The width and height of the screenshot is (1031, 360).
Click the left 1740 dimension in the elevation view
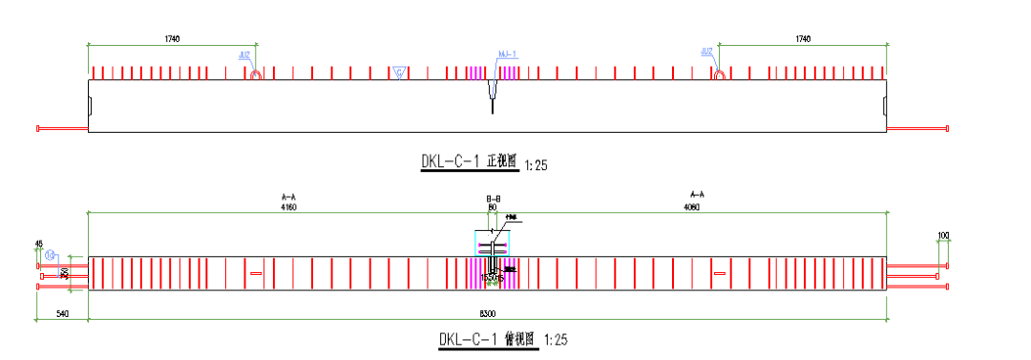pos(172,38)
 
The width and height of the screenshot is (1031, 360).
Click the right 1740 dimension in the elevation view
pos(802,38)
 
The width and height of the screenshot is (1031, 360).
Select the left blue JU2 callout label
pos(246,55)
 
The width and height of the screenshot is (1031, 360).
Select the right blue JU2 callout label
pos(707,52)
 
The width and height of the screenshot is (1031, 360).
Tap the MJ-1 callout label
pos(508,54)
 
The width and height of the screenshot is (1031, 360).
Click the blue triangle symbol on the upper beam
pos(399,73)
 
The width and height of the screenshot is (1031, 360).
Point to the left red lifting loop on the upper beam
pos(256,74)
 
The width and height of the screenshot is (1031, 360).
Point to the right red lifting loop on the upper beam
pos(720,74)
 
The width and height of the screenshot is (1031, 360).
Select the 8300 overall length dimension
pos(487,314)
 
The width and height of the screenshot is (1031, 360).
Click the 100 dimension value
pos(943,235)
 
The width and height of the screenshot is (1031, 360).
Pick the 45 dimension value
pos(37,243)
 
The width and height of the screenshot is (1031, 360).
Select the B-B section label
pos(493,199)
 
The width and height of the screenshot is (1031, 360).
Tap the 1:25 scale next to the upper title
pos(536,165)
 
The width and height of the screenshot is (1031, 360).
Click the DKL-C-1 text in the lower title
pos(467,339)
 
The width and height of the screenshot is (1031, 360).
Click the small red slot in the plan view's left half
pos(255,274)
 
